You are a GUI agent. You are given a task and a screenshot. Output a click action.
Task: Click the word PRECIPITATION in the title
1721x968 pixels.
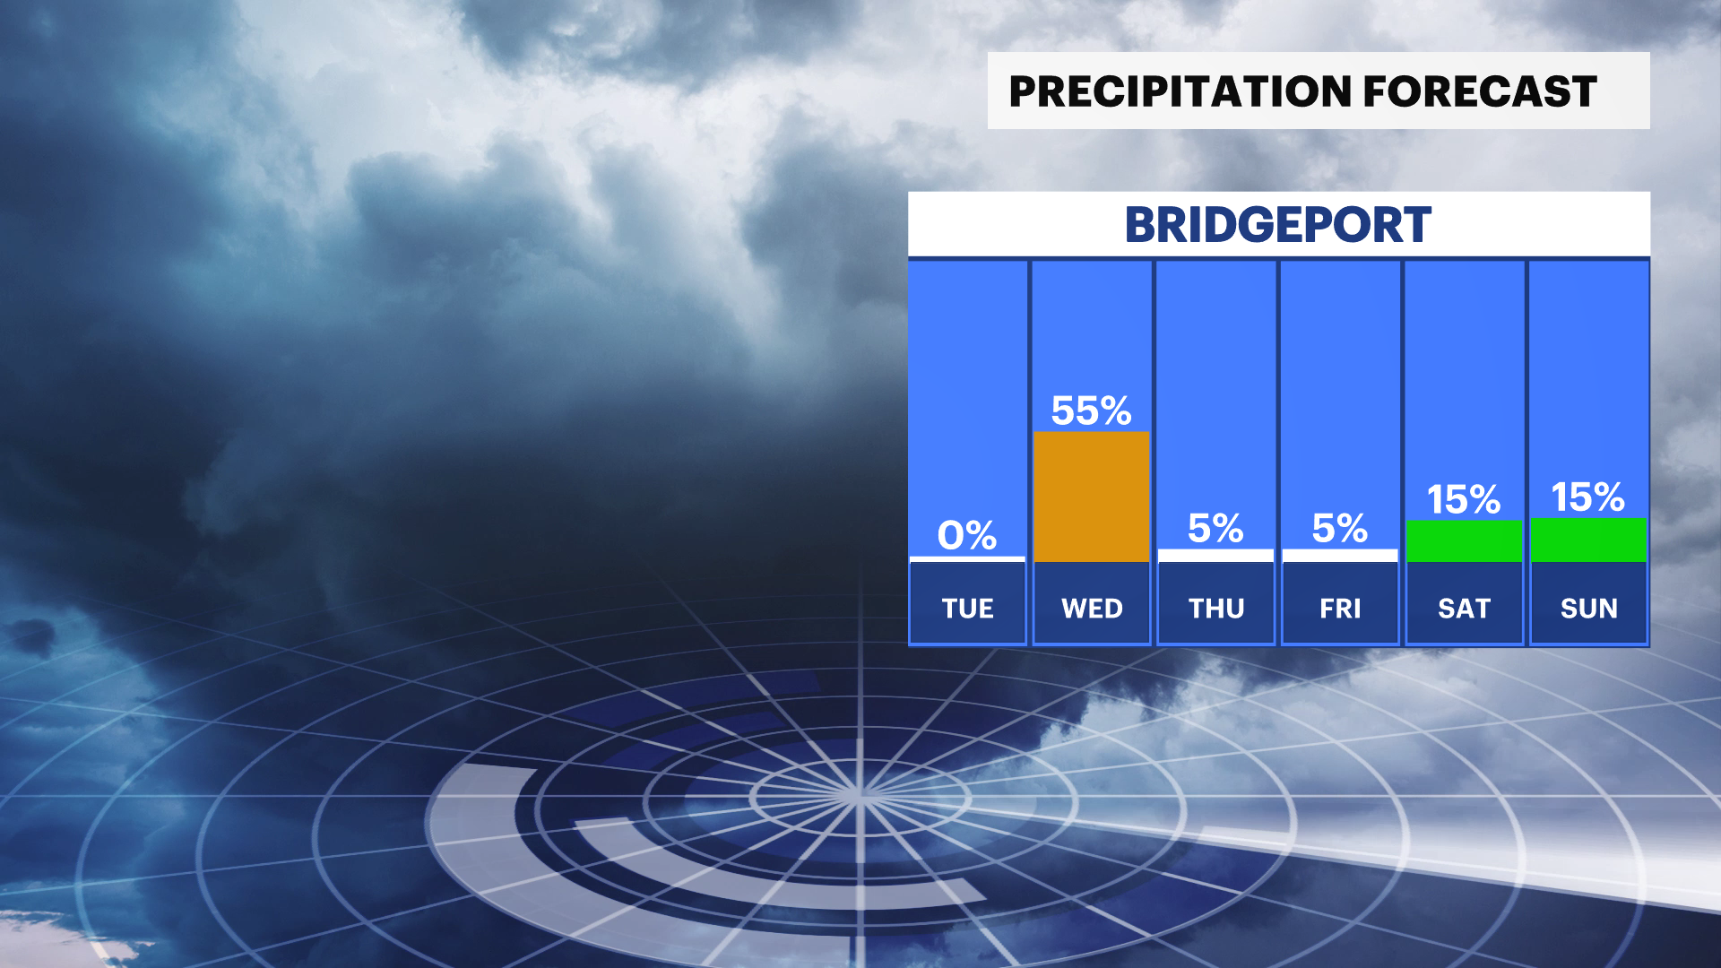pos(1180,91)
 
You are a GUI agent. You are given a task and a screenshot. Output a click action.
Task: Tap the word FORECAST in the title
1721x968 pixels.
pos(1480,91)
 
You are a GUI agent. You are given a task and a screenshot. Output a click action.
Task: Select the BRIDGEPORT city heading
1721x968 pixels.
pos(1278,225)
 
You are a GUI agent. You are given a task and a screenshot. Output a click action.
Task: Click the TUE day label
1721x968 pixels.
pos(967,609)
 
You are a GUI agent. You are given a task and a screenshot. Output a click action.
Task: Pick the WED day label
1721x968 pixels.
pos(1092,609)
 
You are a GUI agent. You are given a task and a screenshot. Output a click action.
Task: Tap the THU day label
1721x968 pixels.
pos(1216,609)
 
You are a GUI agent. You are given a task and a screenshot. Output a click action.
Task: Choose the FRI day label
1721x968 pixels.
pos(1340,609)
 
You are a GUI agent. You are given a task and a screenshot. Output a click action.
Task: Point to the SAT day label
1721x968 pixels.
pos(1464,609)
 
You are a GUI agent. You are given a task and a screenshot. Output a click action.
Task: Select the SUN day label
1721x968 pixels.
pos(1589,609)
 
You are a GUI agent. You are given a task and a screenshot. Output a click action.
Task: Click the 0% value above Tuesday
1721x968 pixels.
pos(967,535)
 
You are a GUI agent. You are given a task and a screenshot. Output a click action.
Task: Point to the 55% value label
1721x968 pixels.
pos(1092,411)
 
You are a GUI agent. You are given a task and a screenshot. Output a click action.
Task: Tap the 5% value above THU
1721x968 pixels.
pos(1215,528)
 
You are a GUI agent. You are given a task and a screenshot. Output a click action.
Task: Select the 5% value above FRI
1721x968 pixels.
pos(1340,528)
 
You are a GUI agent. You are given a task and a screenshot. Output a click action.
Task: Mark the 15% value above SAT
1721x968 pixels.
pos(1464,499)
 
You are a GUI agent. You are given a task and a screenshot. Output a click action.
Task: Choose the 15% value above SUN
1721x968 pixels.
pos(1588,497)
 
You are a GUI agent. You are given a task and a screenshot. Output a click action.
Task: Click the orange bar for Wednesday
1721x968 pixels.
pos(1092,497)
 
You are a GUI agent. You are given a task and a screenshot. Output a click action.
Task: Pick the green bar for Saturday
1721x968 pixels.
pos(1464,541)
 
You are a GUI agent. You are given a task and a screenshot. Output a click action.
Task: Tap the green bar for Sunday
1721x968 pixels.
pos(1588,540)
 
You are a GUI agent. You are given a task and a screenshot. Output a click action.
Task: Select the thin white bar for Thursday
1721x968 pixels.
pos(1215,556)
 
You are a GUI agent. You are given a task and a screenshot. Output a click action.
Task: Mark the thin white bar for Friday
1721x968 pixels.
pos(1340,556)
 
